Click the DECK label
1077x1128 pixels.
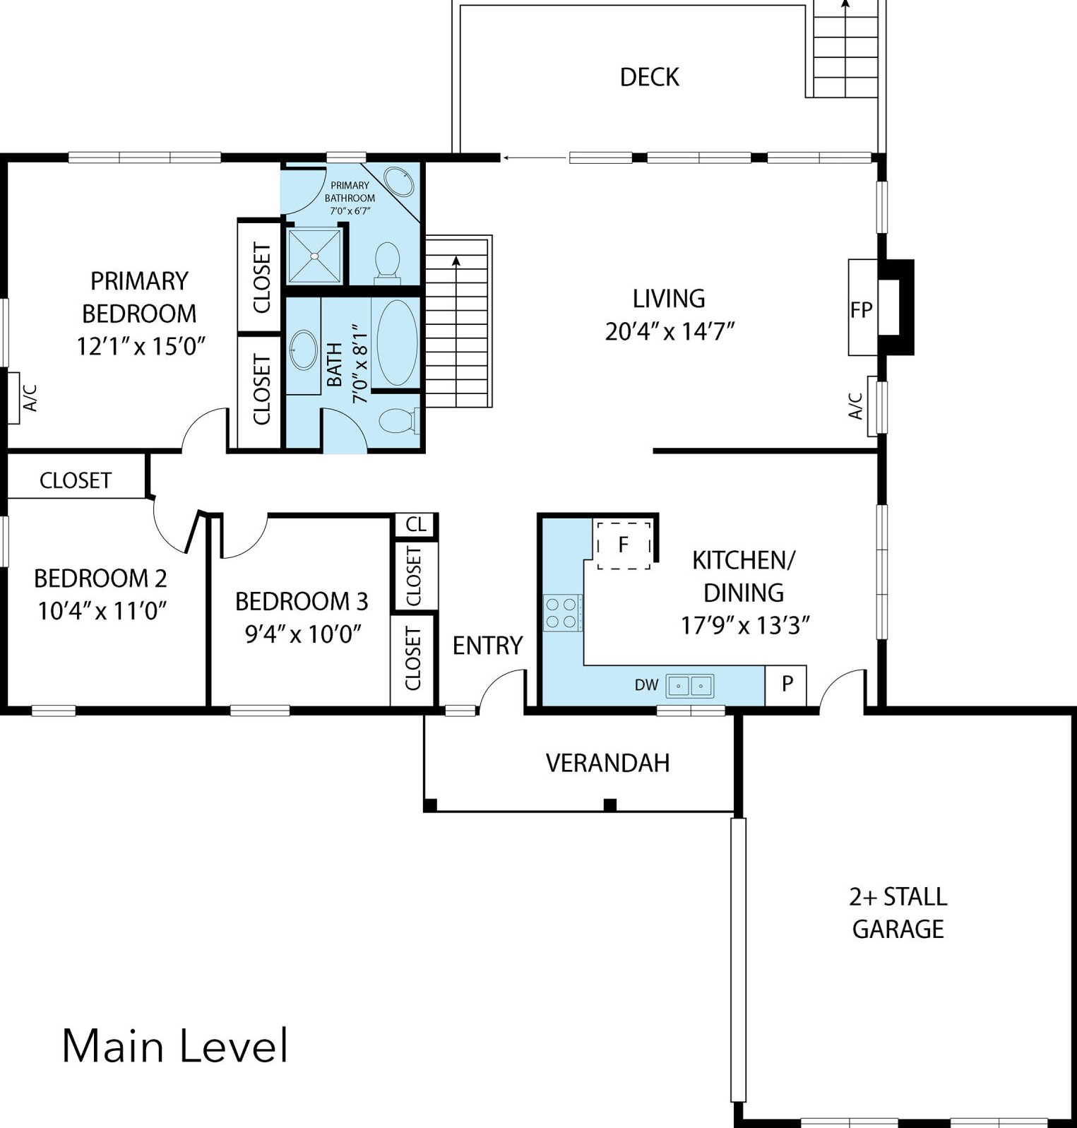649,77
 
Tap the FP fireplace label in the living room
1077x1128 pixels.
861,309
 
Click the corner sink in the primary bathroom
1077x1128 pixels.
399,182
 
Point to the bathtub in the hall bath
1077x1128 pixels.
396,343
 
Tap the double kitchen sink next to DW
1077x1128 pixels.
689,685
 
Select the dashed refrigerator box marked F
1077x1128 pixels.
623,545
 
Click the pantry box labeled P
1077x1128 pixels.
786,684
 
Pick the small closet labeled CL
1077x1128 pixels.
415,524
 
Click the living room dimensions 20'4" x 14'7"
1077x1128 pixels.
670,331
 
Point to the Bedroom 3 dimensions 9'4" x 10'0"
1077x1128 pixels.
302,634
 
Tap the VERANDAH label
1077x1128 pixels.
607,763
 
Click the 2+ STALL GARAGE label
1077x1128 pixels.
898,913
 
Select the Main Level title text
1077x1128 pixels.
175,1046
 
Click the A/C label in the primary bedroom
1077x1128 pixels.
30,398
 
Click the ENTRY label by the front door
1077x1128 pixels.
487,645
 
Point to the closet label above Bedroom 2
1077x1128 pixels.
75,480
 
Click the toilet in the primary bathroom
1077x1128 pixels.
387,260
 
